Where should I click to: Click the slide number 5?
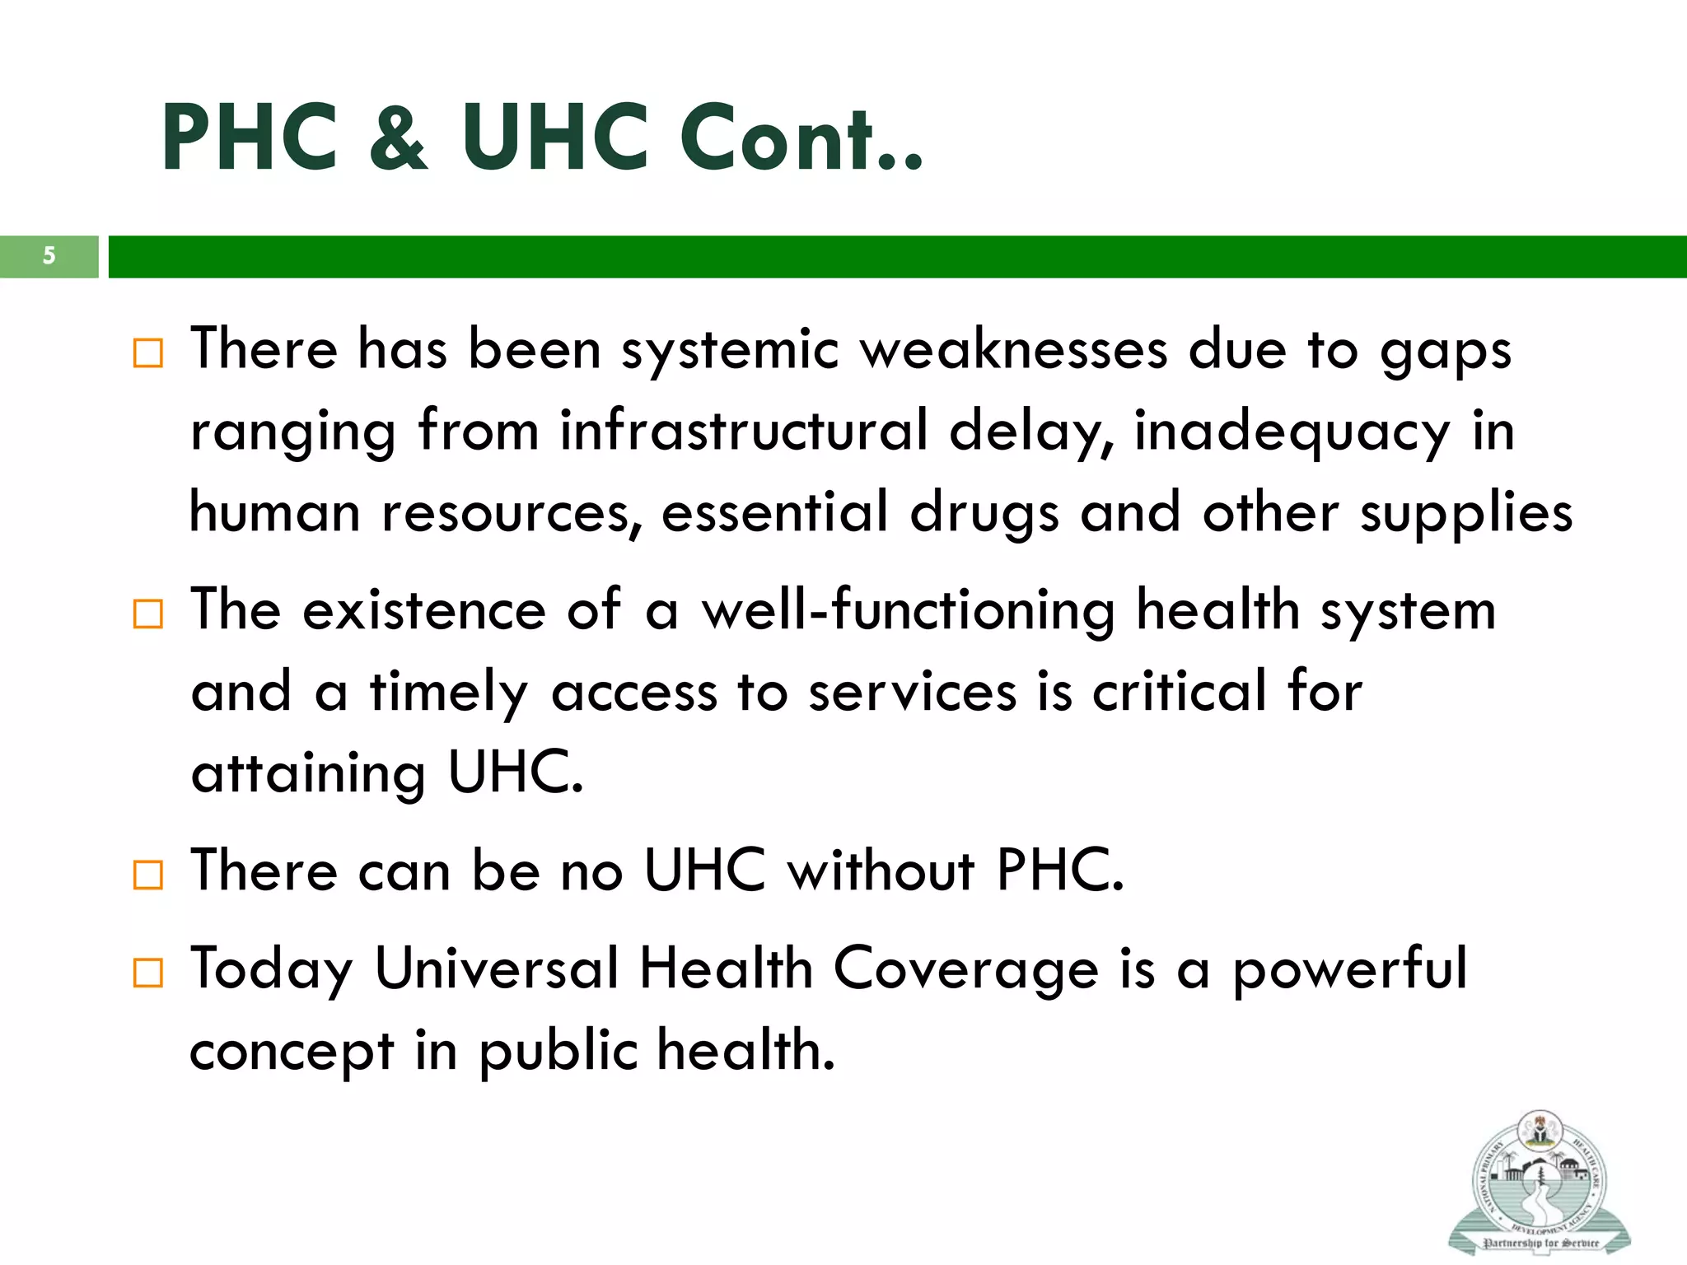tap(49, 256)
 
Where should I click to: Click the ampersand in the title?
tap(399, 138)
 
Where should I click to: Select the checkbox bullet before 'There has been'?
tap(148, 353)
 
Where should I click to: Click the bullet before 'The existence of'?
tap(148, 614)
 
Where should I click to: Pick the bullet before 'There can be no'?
tap(148, 875)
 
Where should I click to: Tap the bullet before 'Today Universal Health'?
tap(148, 973)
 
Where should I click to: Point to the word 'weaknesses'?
tap(1014, 350)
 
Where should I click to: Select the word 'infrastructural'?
tap(744, 430)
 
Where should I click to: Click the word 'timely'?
tap(449, 693)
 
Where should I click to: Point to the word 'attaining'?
tap(308, 773)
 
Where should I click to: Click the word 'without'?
tap(881, 871)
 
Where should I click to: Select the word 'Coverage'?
tap(965, 969)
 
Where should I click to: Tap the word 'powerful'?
tap(1349, 969)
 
